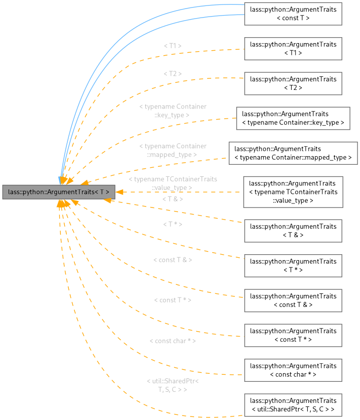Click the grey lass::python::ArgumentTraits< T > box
59,191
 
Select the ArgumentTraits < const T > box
293,14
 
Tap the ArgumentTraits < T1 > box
293,48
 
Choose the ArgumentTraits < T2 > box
293,83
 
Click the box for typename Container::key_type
293,118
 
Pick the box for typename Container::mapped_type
293,153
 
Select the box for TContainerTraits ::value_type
293,191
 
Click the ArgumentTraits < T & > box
293,231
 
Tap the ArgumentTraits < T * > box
293,265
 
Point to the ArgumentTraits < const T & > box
293,300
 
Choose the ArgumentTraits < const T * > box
293,335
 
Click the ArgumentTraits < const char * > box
293,370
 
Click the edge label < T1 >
172,46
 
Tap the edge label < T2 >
172,74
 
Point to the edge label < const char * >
172,341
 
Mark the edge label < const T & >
172,260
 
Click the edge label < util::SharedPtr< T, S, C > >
172,385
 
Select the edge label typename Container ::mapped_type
172,150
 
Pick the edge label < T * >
172,224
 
